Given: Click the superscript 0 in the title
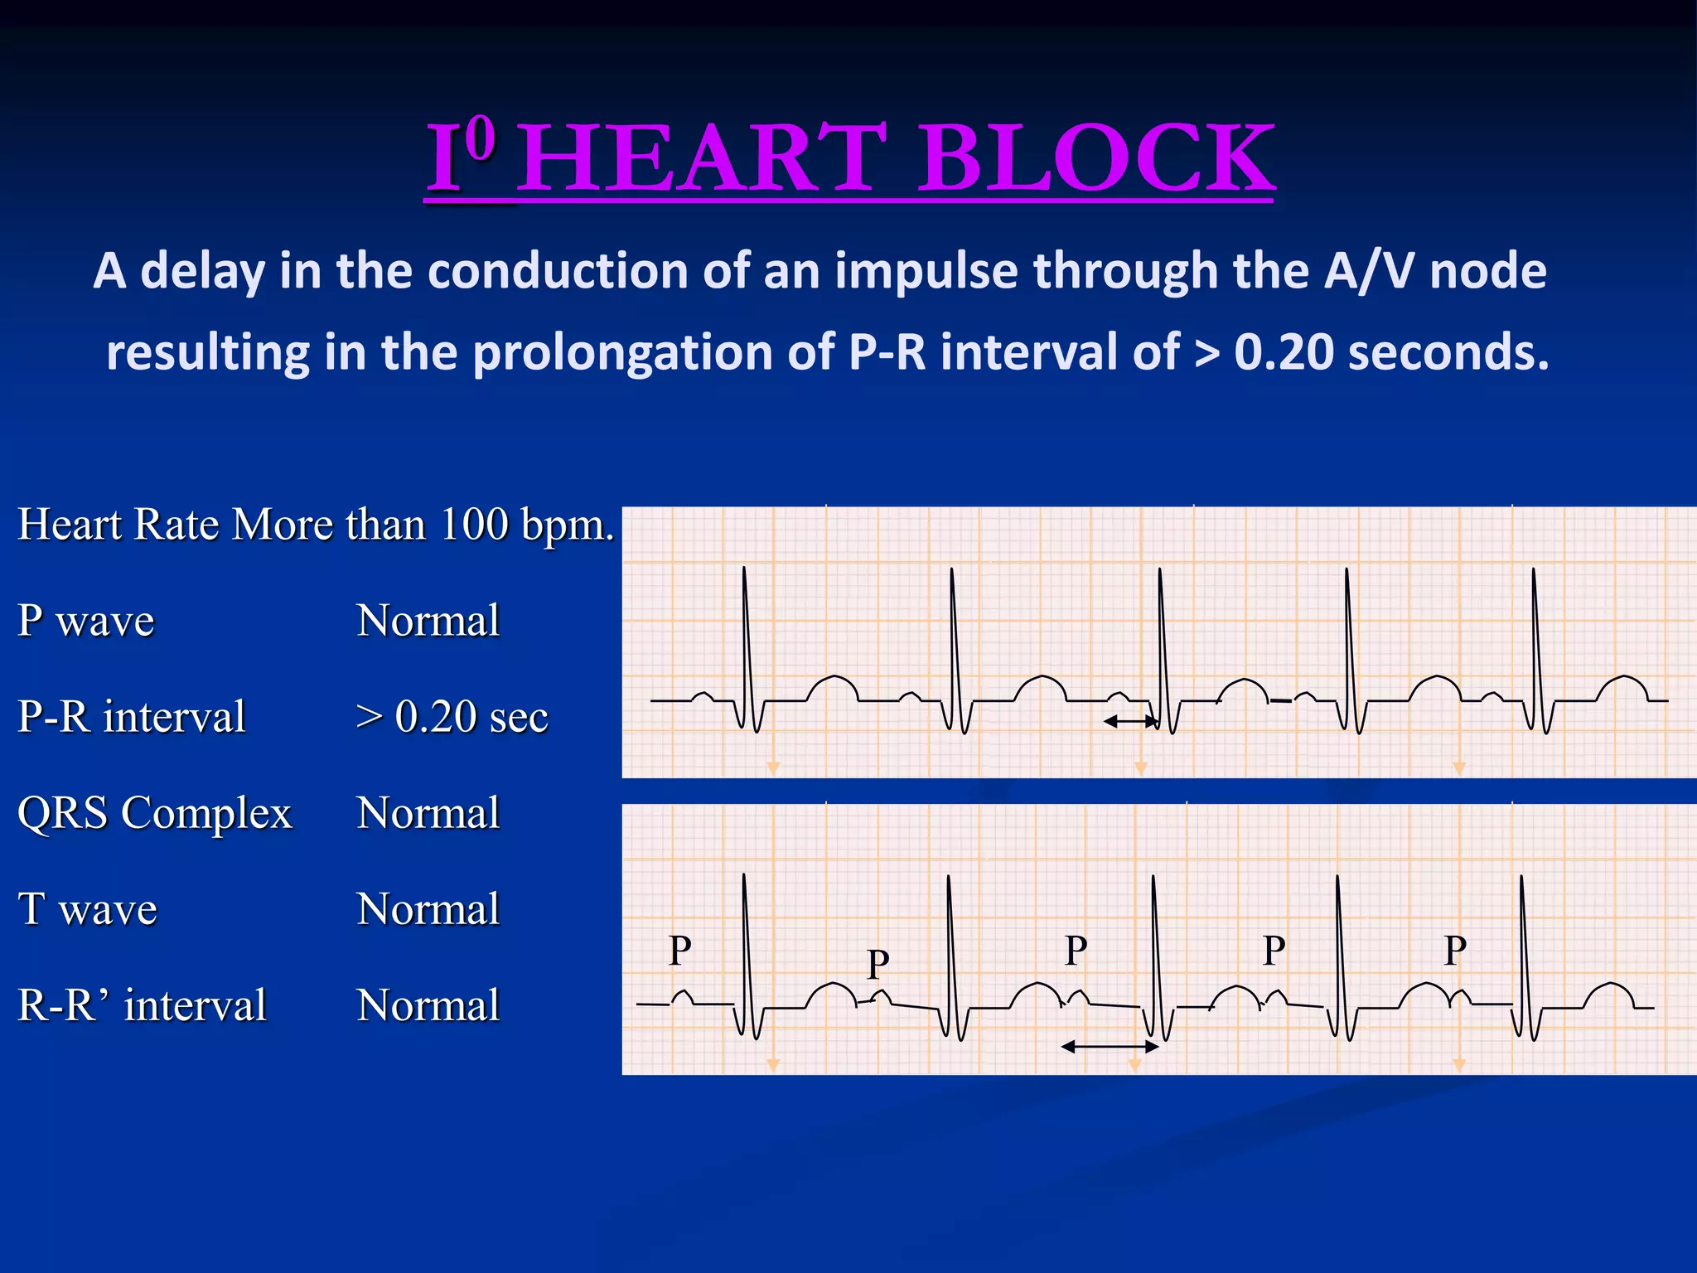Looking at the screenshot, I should pos(481,138).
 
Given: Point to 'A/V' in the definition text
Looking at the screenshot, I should pos(1370,271).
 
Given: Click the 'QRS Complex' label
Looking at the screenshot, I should pos(155,812).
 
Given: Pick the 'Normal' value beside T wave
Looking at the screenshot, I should pos(428,908).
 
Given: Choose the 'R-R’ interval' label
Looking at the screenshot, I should pos(142,1004).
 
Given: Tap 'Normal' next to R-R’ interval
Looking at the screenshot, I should pos(428,1004).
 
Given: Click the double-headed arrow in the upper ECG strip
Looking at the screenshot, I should pos(1131,722).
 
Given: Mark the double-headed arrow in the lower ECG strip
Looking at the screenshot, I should pos(1110,1047).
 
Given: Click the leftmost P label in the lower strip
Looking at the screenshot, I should pos(679,950).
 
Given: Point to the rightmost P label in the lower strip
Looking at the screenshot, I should pos(1455,950).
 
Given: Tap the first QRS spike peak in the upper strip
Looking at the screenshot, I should pos(744,569).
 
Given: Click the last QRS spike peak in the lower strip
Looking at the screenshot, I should pos(1521,878).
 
